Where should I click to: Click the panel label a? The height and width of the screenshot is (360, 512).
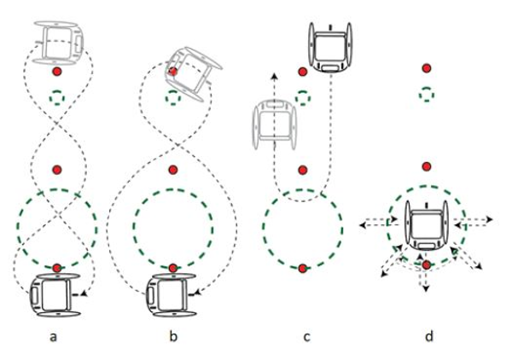pyautogui.click(x=53, y=337)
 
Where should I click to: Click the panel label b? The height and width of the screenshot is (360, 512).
pyautogui.click(x=173, y=335)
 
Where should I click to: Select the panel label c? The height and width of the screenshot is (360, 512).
pyautogui.click(x=306, y=337)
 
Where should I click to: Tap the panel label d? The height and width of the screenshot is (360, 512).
pyautogui.click(x=429, y=335)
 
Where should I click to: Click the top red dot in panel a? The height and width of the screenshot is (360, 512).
pyautogui.click(x=57, y=71)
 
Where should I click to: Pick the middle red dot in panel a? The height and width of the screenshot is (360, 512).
pyautogui.click(x=57, y=170)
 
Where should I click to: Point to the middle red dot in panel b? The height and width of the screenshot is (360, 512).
pyautogui.click(x=173, y=170)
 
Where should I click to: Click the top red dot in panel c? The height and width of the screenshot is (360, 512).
pyautogui.click(x=303, y=72)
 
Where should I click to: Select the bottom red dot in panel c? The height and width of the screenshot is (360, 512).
pyautogui.click(x=303, y=268)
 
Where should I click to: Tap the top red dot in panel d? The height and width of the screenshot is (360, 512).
pyautogui.click(x=427, y=68)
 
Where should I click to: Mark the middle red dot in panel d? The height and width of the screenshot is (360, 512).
pyautogui.click(x=427, y=166)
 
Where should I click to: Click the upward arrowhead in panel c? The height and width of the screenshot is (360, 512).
pyautogui.click(x=276, y=77)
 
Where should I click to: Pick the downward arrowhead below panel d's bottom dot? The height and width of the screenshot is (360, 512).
pyautogui.click(x=425, y=287)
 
